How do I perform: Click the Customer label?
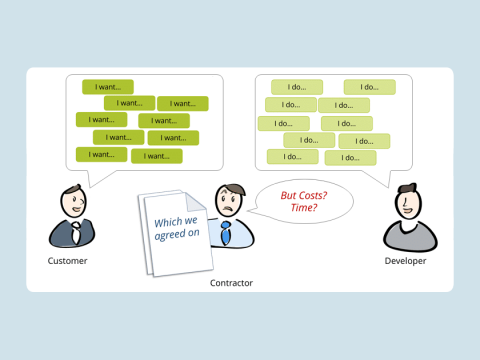click(67, 261)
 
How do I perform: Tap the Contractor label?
click(231, 283)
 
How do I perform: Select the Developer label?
click(405, 261)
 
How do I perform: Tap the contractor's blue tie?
click(226, 234)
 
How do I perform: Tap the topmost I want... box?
click(107, 86)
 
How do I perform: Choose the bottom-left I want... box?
click(101, 154)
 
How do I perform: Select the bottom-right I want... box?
click(157, 155)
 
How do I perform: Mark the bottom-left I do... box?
click(292, 156)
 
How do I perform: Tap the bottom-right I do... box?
click(350, 157)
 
